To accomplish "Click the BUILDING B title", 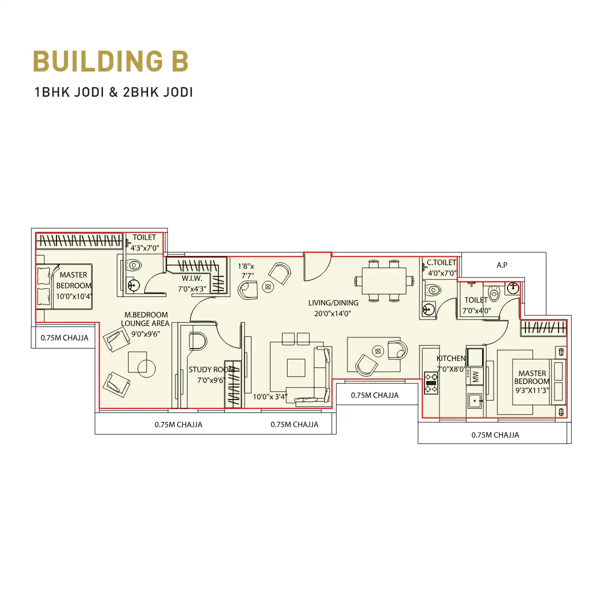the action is click(x=110, y=61).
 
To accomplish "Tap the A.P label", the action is click(x=501, y=265).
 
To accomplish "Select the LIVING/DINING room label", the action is click(x=333, y=302).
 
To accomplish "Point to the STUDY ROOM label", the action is click(x=211, y=369).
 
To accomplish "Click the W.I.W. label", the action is click(x=191, y=278).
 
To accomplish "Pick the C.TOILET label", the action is click(x=441, y=262).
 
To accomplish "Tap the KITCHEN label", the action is click(x=451, y=358).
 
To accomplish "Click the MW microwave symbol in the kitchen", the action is click(x=475, y=376).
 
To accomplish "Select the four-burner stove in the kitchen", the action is click(x=430, y=383).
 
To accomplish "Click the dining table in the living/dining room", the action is click(x=384, y=280).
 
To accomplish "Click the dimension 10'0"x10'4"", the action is click(x=74, y=296).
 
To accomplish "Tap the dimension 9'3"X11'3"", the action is click(x=532, y=390).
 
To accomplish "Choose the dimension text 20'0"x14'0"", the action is click(x=332, y=313).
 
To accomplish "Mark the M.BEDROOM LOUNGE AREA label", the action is click(x=145, y=319).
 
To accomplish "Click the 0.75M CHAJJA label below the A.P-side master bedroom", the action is click(x=495, y=435).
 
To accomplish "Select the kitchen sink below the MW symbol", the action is click(x=475, y=401).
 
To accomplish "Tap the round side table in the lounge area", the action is click(x=146, y=368).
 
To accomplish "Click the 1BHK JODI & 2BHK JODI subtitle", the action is click(x=113, y=92).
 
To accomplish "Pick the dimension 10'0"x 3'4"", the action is click(x=270, y=396).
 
